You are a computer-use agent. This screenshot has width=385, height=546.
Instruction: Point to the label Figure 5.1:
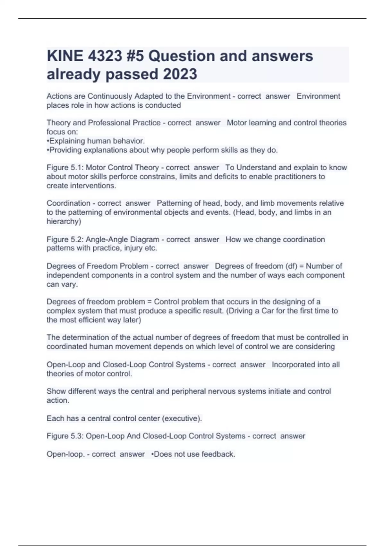pos(65,168)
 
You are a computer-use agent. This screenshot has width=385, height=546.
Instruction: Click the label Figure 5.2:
pos(65,240)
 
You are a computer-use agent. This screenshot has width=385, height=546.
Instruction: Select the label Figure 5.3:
pos(65,436)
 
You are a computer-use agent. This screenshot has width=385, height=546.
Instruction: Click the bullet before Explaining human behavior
pos(48,141)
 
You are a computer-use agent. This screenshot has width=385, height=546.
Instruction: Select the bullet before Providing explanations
pos(48,150)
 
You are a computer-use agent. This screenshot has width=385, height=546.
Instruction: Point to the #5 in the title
pos(135,56)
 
